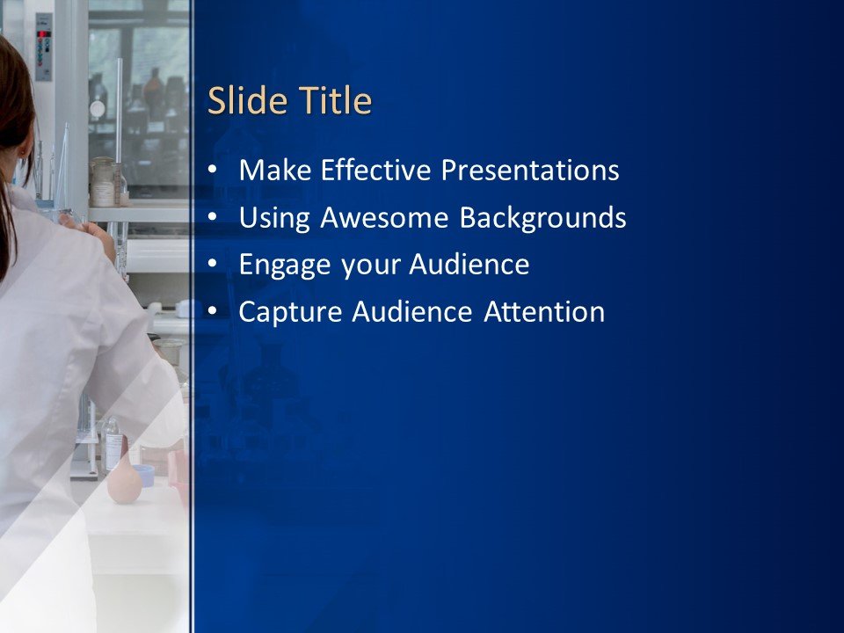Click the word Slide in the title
240,102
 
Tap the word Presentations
530,170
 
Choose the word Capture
292,312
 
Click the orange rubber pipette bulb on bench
124,483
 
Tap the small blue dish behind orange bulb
144,475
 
